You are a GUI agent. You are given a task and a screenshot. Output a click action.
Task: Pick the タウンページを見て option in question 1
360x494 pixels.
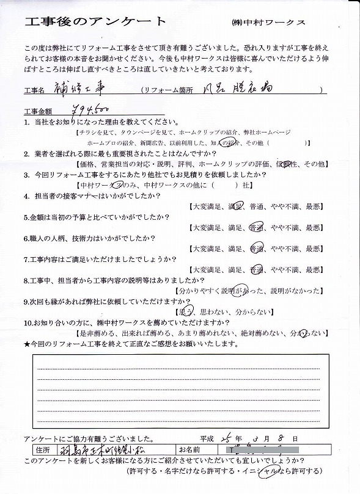point(146,133)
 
